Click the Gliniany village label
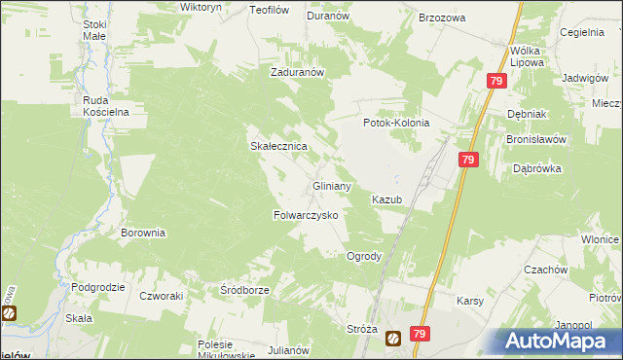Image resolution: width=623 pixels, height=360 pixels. [330, 185]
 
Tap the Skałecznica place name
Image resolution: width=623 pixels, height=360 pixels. [279, 146]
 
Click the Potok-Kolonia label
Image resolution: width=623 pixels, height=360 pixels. [396, 124]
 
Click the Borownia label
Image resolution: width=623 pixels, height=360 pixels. [143, 234]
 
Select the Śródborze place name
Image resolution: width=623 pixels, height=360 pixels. [243, 290]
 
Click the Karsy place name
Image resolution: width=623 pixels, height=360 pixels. [470, 301]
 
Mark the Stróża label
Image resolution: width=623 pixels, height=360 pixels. [361, 329]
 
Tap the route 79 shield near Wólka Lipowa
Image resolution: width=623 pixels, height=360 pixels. [496, 82]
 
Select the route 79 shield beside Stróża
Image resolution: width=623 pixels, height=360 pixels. [420, 334]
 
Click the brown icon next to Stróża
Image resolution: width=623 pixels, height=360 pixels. [393, 339]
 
